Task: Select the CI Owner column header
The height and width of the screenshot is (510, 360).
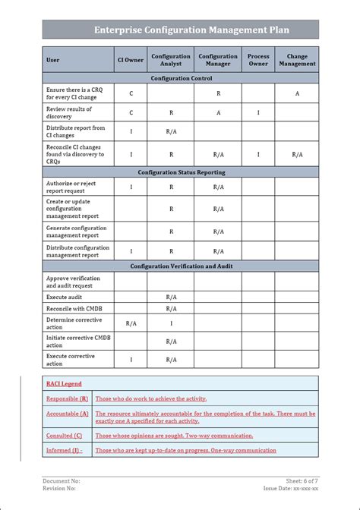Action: tap(131, 60)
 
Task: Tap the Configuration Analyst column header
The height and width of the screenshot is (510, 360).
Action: tap(171, 60)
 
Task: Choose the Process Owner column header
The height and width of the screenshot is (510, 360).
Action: tap(258, 60)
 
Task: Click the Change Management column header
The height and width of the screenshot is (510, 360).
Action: tap(297, 60)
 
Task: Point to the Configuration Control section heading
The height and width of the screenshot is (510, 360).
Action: tap(181, 78)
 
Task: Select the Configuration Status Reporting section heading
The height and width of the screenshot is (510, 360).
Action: tap(181, 172)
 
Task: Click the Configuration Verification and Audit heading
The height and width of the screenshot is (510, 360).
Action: tap(181, 266)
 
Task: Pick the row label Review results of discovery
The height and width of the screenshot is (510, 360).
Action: tap(71, 113)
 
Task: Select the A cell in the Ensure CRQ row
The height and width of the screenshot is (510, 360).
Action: tap(297, 93)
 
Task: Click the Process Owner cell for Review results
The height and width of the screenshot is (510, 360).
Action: tap(258, 113)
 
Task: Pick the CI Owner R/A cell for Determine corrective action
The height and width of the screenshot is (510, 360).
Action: tap(131, 323)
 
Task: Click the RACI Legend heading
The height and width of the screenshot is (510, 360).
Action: tap(64, 384)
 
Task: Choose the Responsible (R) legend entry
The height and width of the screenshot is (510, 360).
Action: tap(68, 398)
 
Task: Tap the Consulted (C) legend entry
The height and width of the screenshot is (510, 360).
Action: tap(65, 436)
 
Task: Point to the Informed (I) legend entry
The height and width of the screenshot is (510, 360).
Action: tap(65, 450)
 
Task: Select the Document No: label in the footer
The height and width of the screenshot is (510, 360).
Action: tap(62, 480)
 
